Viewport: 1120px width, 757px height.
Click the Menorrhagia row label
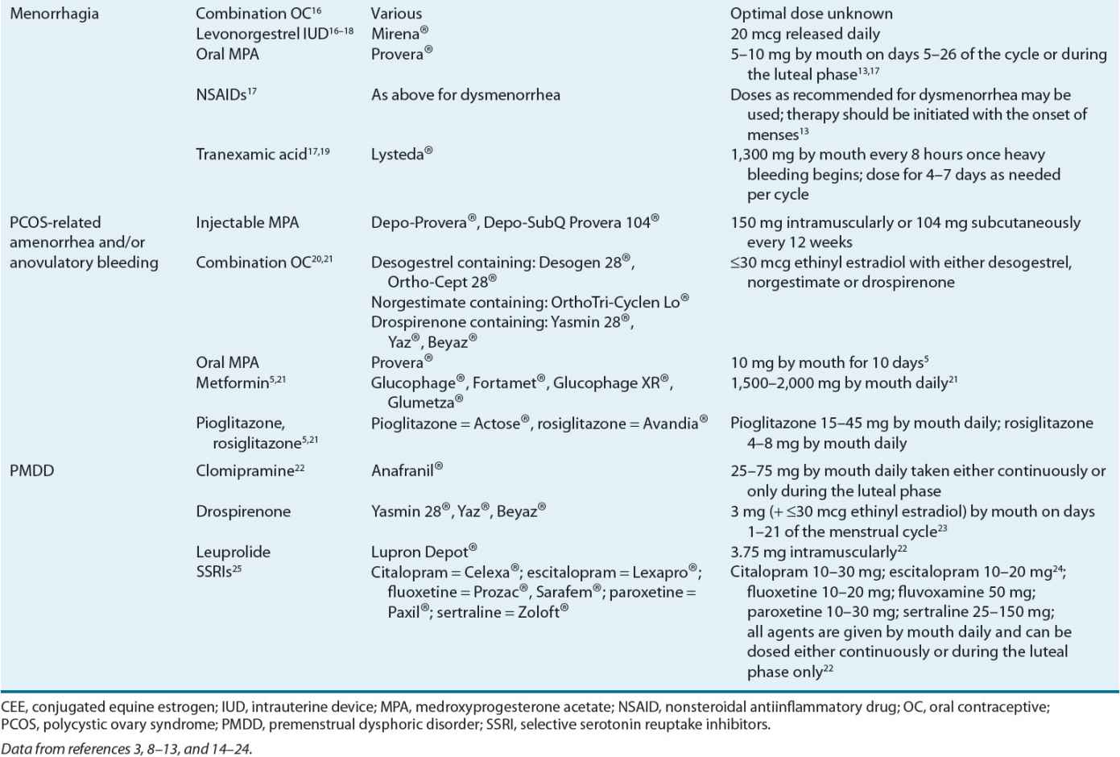click(54, 14)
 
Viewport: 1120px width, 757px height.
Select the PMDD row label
click(31, 471)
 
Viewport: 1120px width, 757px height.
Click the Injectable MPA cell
click(246, 222)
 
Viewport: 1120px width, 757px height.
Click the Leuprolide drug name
click(233, 552)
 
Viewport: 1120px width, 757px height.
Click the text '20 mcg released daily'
click(804, 34)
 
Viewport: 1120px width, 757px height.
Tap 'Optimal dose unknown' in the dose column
click(811, 14)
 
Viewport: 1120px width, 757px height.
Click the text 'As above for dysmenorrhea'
click(465, 94)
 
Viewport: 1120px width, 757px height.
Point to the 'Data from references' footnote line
click(126, 749)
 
